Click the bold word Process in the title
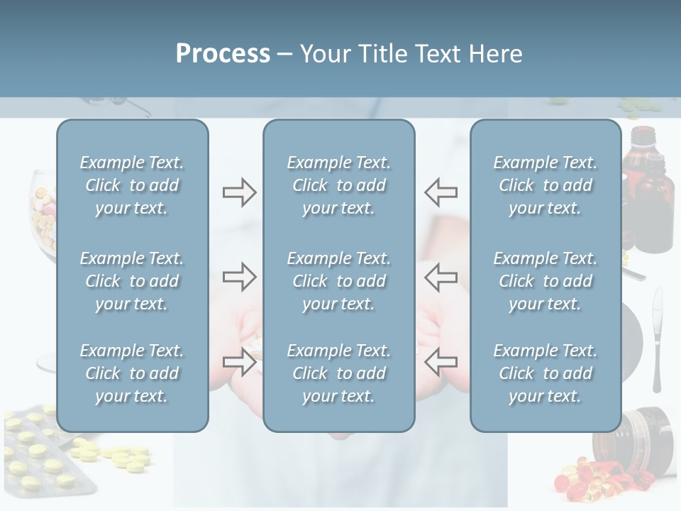[223, 54]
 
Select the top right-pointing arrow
[239, 192]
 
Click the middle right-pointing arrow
[239, 277]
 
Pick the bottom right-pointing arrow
[239, 362]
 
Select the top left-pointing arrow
[441, 192]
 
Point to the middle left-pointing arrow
[441, 277]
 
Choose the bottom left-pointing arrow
[441, 362]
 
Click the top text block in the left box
[132, 185]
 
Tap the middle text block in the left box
[132, 281]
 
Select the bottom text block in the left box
[132, 373]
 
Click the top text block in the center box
[338, 185]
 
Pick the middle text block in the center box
[338, 281]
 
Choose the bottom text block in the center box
[338, 373]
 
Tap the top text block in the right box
[545, 185]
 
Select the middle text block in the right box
[545, 281]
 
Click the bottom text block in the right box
[545, 373]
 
